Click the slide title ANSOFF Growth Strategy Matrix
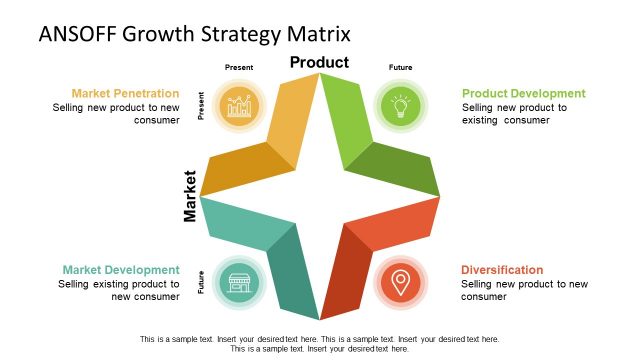point(194,34)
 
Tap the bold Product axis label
point(319,63)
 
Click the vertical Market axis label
point(190,194)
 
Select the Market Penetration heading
point(125,94)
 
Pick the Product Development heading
point(523,94)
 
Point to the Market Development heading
point(121,270)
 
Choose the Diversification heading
point(502,270)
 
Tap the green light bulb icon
point(399,104)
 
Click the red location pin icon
point(399,281)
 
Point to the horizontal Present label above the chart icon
point(239,68)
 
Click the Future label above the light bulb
point(399,68)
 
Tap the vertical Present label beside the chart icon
point(202,106)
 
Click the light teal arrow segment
point(235,220)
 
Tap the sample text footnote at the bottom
point(319,344)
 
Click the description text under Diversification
point(524,291)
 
